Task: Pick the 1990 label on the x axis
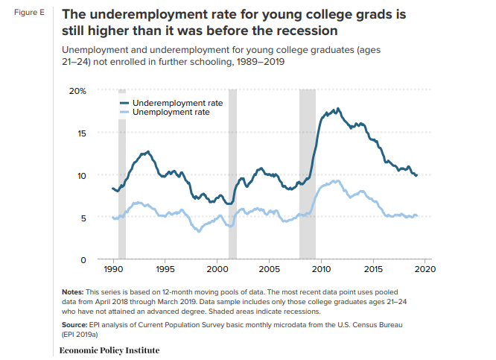pos(113,268)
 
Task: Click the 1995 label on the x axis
pos(165,268)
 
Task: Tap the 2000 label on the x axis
pos(217,268)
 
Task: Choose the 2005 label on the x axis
pos(269,268)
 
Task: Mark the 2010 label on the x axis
pos(321,268)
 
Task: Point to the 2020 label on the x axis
pos(425,268)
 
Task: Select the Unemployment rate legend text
pos(171,112)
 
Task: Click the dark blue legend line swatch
pos(124,102)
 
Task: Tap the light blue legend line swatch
pos(124,112)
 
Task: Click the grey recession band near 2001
pos(232,171)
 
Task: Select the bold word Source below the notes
pos(75,326)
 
